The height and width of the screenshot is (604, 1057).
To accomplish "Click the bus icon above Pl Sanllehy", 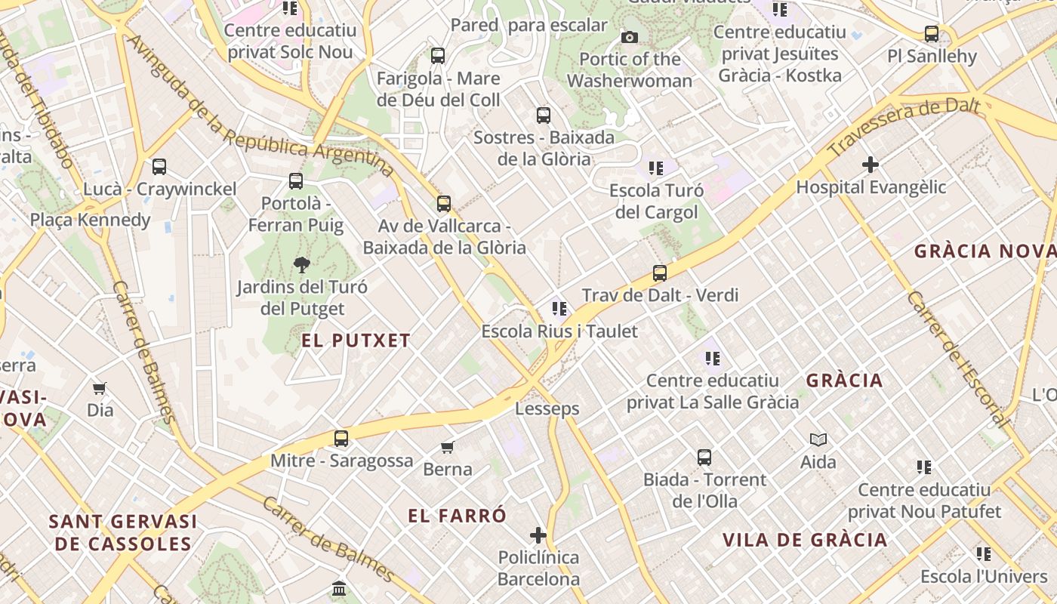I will (932, 34).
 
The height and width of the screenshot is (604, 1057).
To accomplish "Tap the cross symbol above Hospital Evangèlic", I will (871, 164).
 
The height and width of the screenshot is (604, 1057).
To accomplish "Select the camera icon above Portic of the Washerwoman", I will (629, 37).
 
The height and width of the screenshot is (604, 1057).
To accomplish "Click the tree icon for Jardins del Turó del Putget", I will (302, 264).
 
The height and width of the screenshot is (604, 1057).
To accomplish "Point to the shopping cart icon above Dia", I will (100, 389).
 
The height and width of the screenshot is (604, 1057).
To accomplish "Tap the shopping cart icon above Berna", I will (448, 447).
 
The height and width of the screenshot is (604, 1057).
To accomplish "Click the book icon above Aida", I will (818, 439).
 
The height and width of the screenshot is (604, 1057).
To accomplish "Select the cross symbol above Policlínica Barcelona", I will (538, 536).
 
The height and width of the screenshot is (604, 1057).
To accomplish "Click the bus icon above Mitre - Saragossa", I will (341, 438).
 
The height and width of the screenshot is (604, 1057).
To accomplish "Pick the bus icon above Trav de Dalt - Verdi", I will (660, 273).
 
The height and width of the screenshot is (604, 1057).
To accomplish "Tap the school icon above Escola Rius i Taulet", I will (559, 308).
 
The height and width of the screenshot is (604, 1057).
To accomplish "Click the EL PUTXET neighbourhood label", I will (356, 341).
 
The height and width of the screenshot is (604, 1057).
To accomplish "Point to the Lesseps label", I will (547, 408).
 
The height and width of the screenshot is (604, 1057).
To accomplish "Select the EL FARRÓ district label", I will (458, 516).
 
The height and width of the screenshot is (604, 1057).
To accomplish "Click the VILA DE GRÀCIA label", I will (805, 540).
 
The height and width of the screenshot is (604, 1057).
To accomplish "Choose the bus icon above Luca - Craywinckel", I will (159, 167).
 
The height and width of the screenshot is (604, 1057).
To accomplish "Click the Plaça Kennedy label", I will (91, 220).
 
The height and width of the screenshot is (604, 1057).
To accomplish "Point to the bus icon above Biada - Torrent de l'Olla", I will (704, 457).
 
